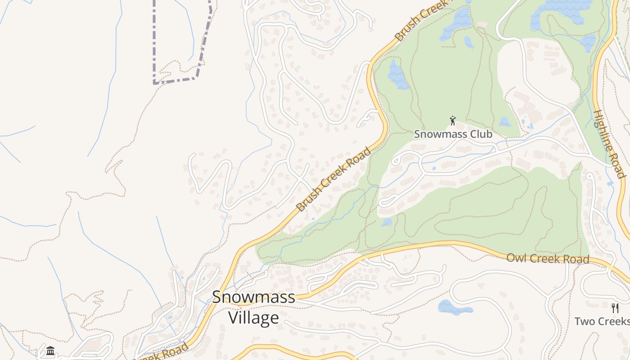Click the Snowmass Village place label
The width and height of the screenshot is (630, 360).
click(253, 307)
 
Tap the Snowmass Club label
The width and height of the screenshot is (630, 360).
click(453, 134)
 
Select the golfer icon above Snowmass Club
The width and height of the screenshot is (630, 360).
click(453, 121)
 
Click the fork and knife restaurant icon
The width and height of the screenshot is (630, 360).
click(615, 308)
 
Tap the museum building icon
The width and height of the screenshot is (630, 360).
click(50, 351)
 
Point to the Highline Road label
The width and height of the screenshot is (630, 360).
click(609, 144)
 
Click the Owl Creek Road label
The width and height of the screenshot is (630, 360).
click(548, 259)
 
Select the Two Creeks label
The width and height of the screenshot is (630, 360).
click(602, 321)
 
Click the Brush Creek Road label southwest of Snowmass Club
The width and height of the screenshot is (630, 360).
click(334, 179)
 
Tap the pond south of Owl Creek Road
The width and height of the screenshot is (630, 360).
click(454, 308)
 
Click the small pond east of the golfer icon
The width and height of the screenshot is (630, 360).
click(505, 122)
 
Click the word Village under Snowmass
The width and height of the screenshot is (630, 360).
click(253, 318)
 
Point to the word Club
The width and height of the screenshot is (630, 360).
click(480, 134)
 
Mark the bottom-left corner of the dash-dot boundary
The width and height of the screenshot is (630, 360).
click(154, 83)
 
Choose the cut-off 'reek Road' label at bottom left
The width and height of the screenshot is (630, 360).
click(164, 354)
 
